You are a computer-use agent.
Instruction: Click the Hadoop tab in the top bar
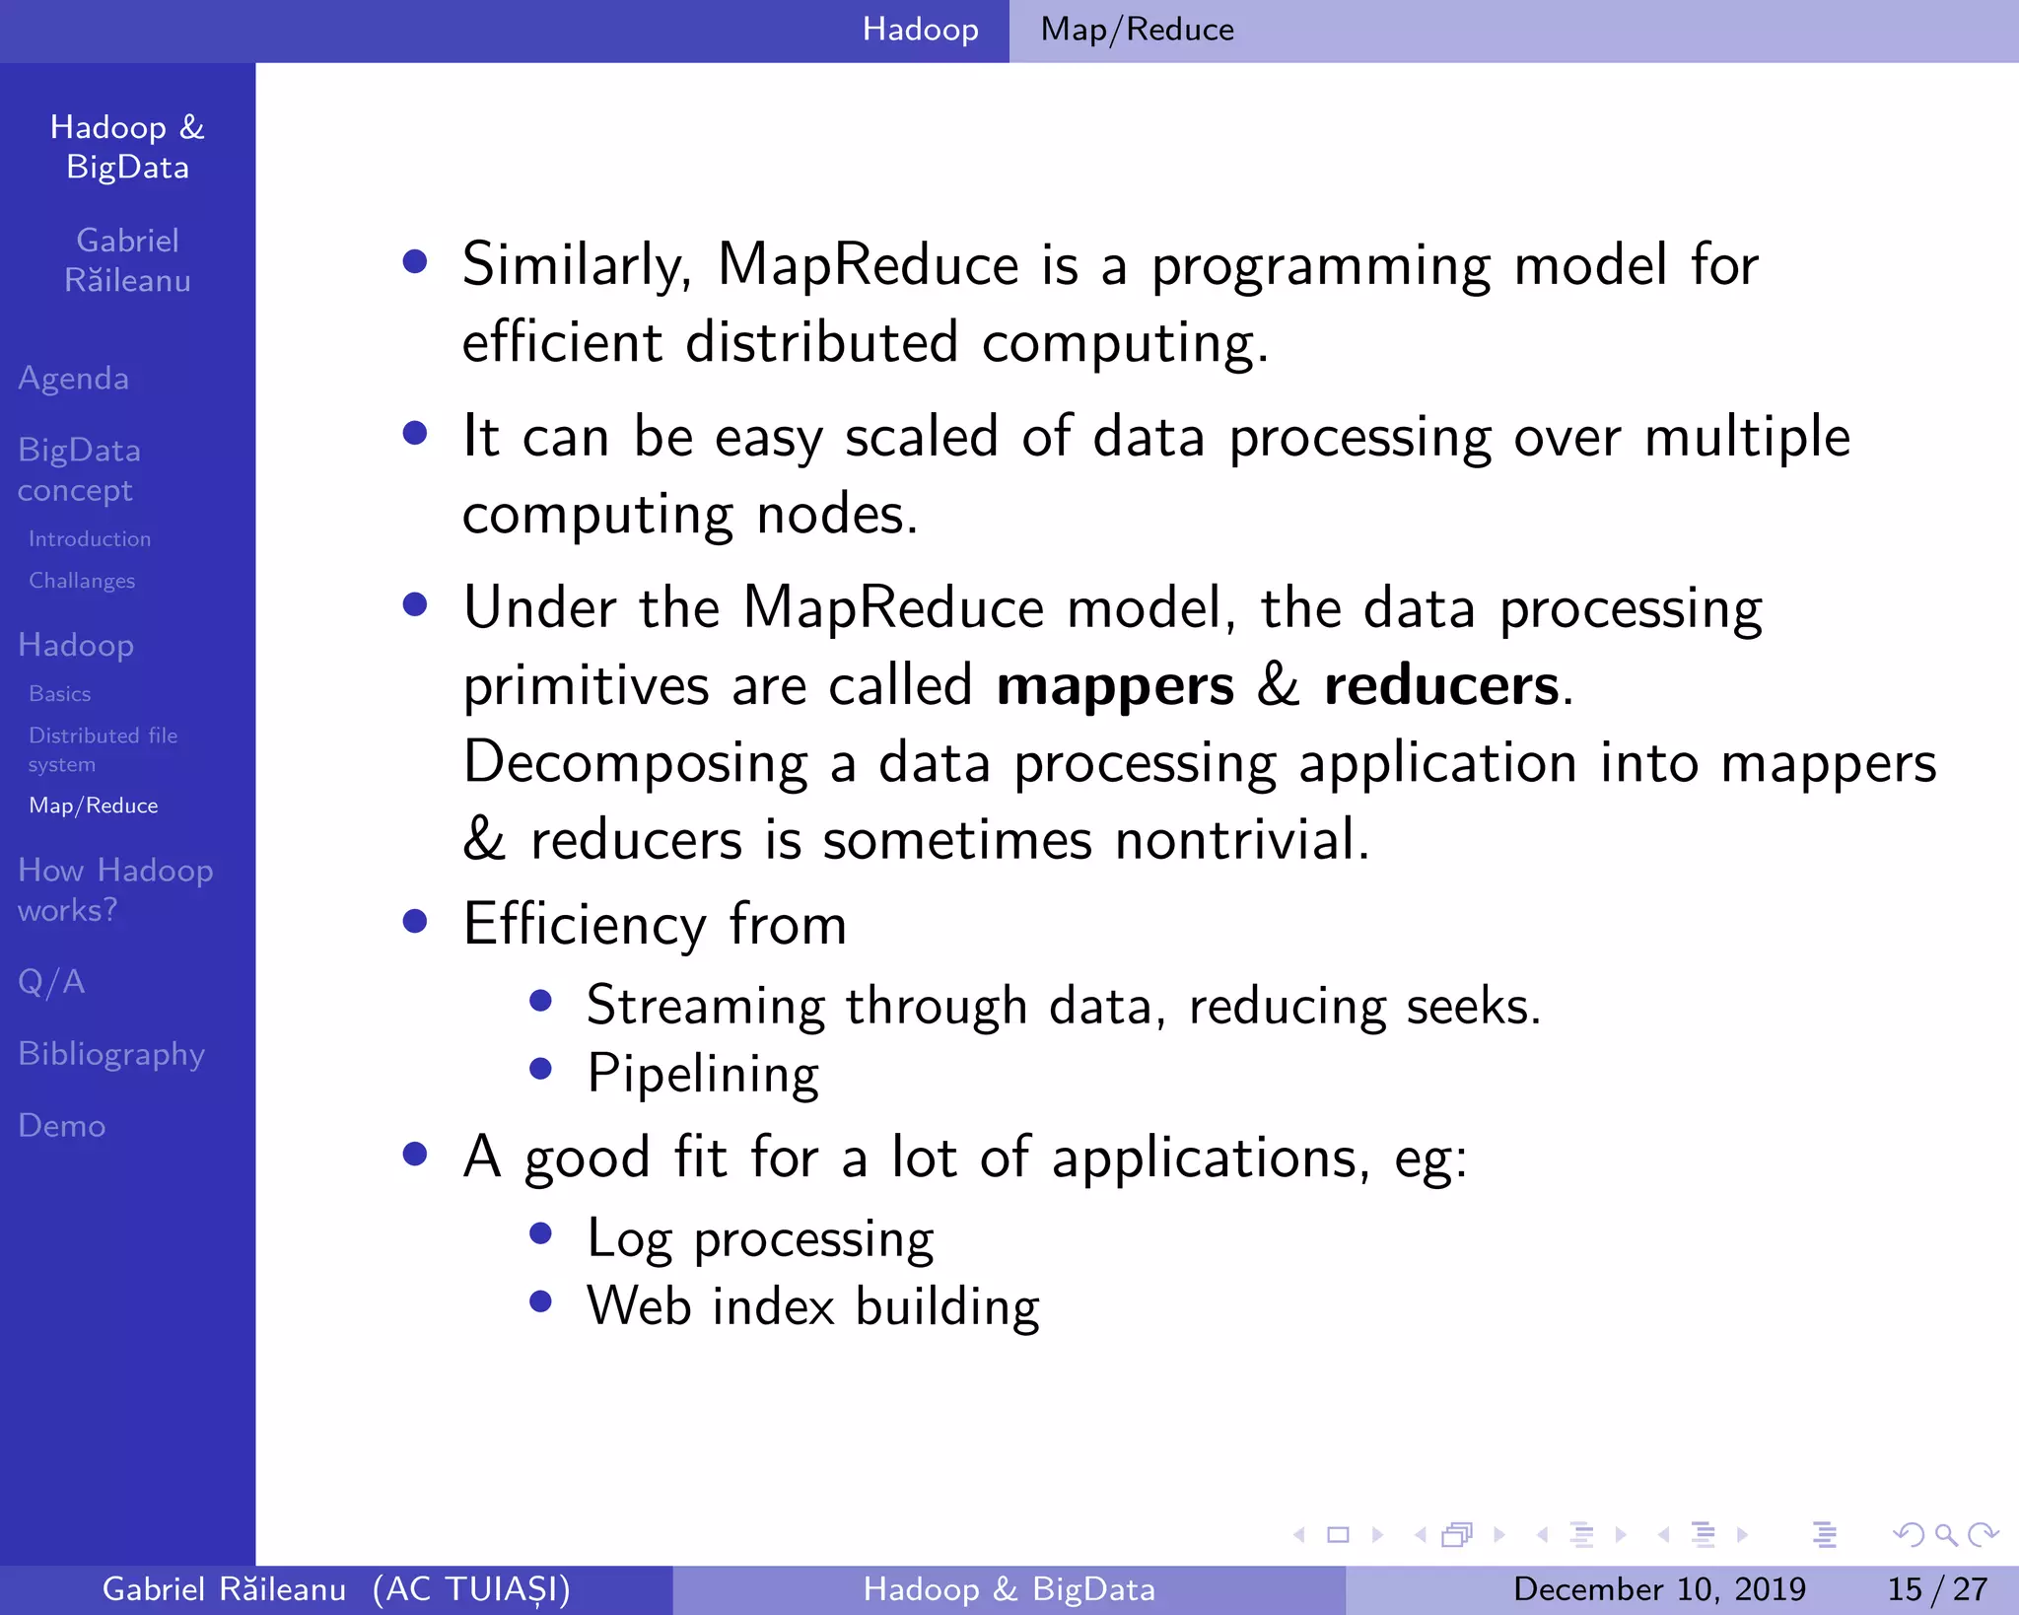point(920,30)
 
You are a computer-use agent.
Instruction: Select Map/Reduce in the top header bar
point(1137,30)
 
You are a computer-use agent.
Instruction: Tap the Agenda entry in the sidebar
point(74,379)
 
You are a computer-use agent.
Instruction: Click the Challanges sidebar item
point(82,581)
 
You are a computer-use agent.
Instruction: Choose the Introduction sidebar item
point(90,539)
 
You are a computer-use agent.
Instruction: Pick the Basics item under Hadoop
point(60,694)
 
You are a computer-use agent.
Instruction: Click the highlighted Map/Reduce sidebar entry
point(94,806)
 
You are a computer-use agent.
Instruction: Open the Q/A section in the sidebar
point(51,982)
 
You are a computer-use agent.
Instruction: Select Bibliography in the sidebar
point(111,1054)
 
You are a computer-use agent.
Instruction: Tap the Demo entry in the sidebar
point(62,1126)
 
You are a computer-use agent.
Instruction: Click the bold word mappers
point(1115,686)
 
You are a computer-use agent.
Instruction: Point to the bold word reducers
point(1441,686)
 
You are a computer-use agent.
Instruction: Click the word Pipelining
point(703,1074)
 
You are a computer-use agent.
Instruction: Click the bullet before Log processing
point(540,1234)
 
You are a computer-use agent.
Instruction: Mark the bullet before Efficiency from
point(415,921)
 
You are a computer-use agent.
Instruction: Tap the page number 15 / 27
point(1937,1589)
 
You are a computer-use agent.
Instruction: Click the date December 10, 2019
point(1659,1589)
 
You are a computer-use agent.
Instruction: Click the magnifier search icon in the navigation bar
point(1945,1534)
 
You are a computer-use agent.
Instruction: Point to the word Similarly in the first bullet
point(576,265)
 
